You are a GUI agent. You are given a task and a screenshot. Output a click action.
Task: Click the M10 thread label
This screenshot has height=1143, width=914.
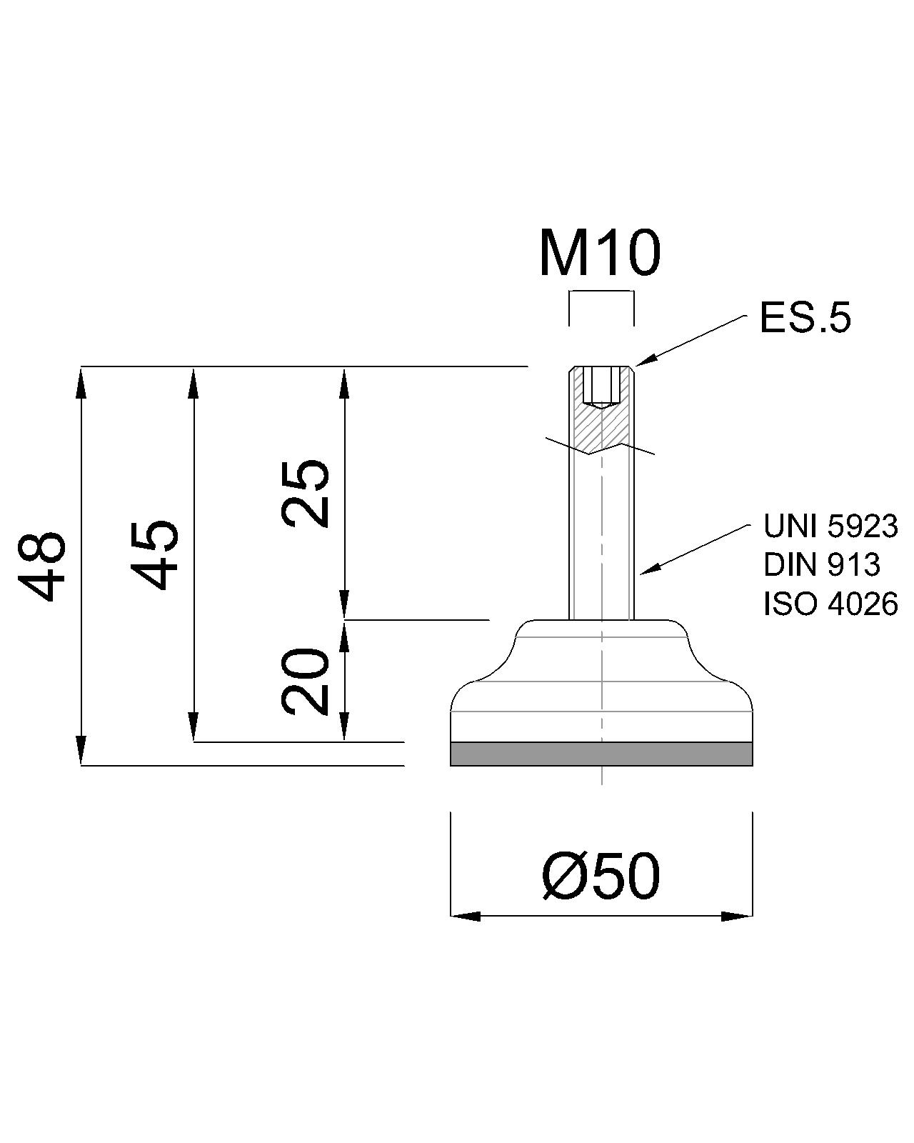point(600,254)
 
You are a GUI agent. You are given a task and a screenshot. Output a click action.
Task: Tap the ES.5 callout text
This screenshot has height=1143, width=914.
point(805,319)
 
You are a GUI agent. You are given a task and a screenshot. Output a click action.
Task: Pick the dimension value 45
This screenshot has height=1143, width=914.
point(155,554)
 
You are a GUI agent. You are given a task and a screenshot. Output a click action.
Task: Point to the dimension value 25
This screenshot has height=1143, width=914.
point(306,494)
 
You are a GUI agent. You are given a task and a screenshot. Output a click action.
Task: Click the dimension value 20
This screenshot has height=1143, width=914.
point(306,682)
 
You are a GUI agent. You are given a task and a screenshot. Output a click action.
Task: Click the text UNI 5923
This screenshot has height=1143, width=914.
point(830,526)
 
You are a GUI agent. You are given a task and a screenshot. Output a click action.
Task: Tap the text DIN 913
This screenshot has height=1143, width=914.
point(822,565)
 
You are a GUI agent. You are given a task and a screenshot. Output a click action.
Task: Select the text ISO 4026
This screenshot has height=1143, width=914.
point(830,604)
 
